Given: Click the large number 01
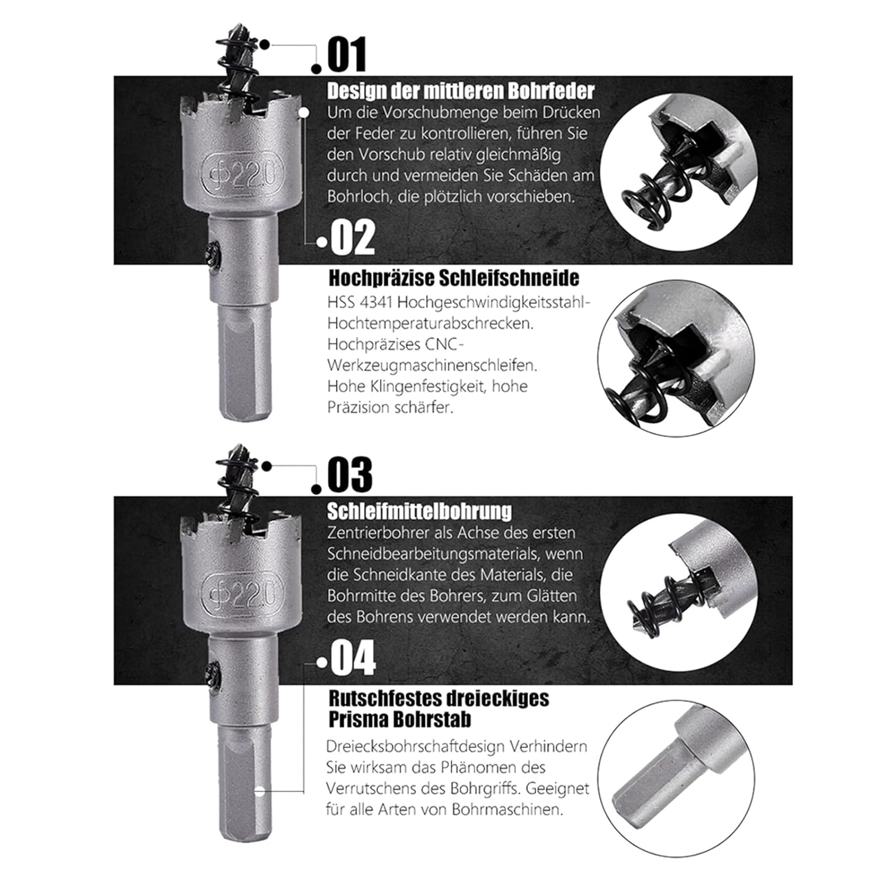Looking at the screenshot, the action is point(347,54).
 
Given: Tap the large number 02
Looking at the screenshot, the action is point(352,238).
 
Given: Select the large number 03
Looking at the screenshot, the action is point(350,474).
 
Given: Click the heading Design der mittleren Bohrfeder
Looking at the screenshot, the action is point(460,91).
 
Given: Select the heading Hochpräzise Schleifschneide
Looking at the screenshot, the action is point(454,278).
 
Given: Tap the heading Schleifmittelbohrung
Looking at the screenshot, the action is point(420,511).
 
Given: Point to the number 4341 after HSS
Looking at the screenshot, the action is point(374,302).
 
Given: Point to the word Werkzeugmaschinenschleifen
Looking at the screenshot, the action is point(433,365).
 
